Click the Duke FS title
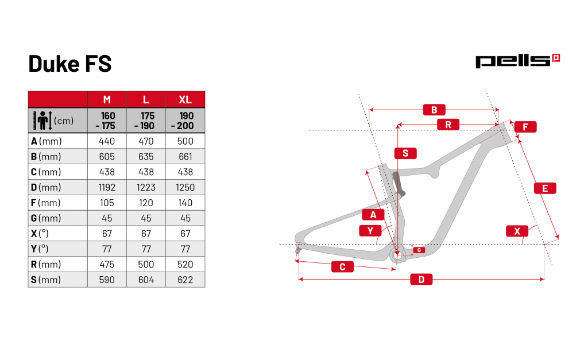pos(70,64)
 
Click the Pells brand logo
pos(517,61)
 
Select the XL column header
pos(185,100)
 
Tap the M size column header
pos(107,100)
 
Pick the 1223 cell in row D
pos(146,188)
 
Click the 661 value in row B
pos(185,157)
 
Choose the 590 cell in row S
pos(107,280)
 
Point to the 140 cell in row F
pos(185,203)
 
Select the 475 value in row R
pos(107,264)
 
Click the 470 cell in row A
pos(146,141)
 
